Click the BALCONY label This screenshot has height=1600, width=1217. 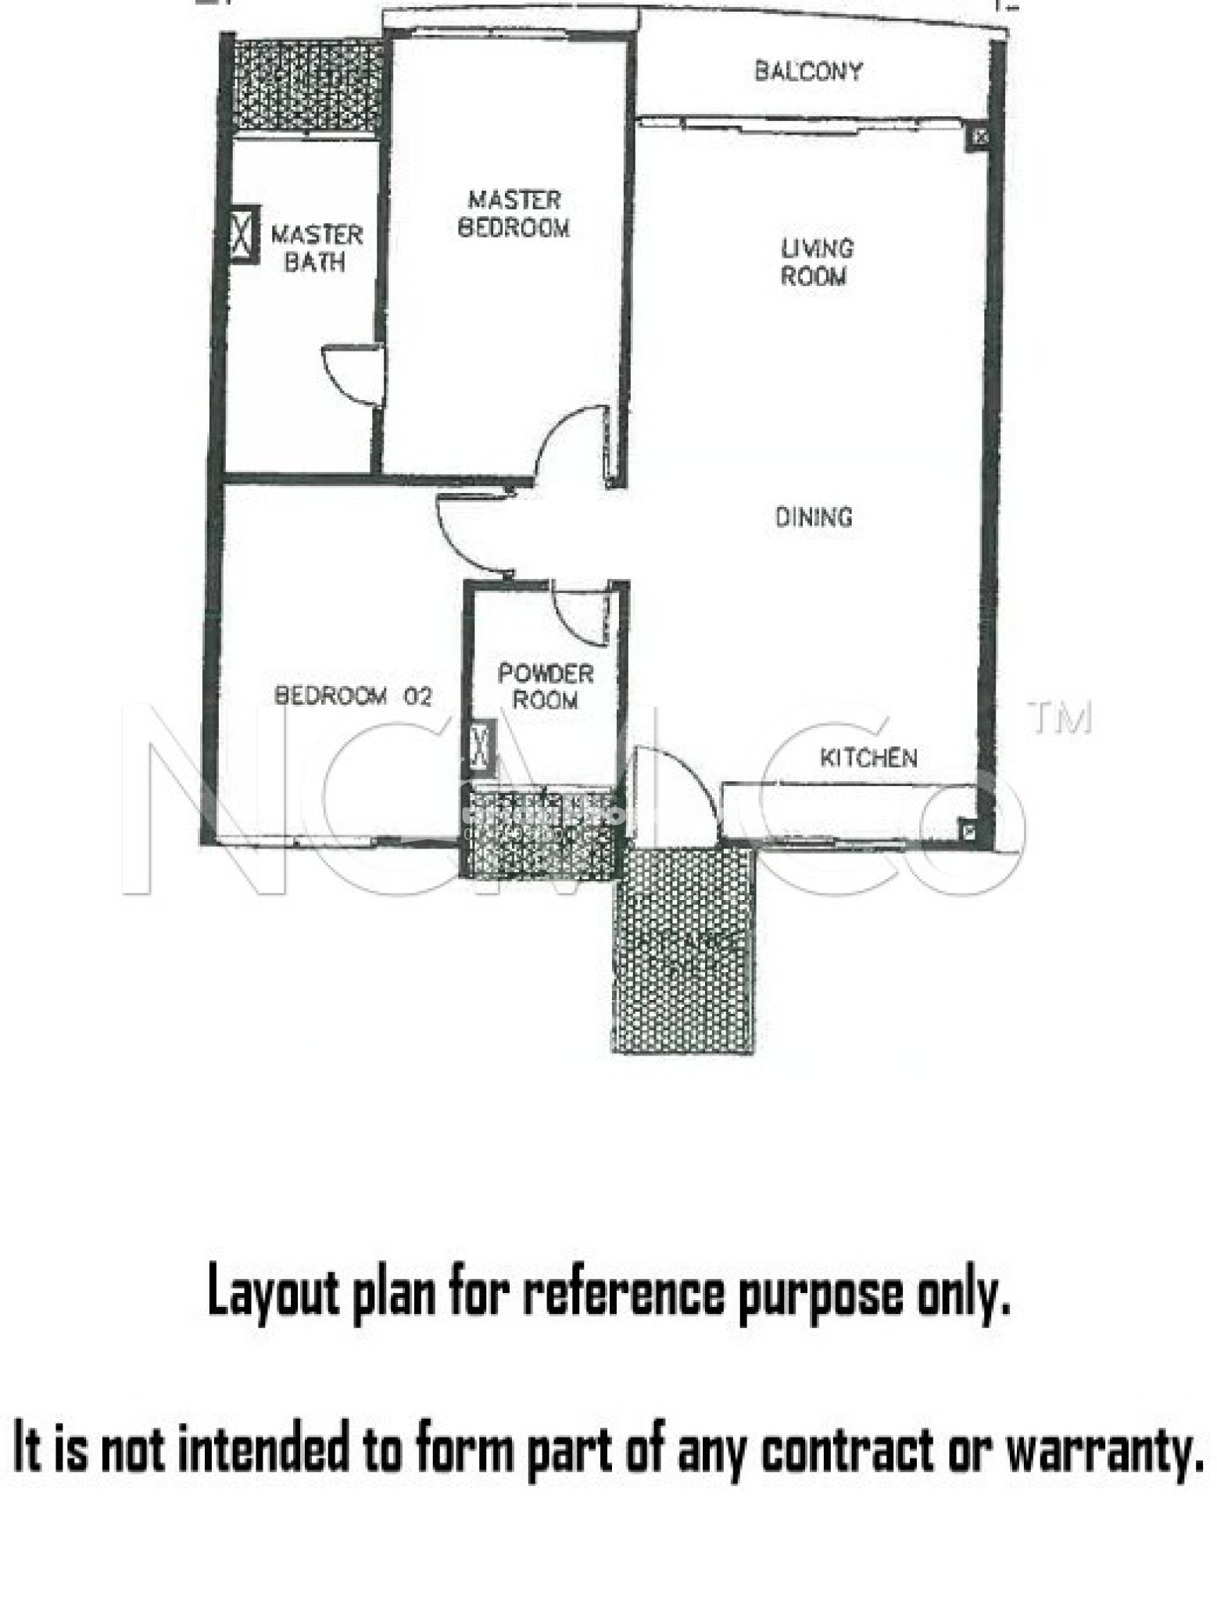pos(808,71)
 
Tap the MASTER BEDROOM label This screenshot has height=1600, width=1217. pos(514,213)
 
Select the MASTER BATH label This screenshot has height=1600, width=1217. pos(317,248)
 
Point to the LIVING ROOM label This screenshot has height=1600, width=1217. pos(816,262)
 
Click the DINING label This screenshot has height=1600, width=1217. pos(813,516)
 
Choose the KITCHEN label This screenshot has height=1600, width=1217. pos(868,757)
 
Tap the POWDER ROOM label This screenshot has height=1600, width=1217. pos(546,686)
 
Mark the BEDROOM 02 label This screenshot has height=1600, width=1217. pos(353,695)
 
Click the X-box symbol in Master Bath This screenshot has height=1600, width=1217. pos(244,234)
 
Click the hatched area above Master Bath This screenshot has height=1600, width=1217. pos(309,86)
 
